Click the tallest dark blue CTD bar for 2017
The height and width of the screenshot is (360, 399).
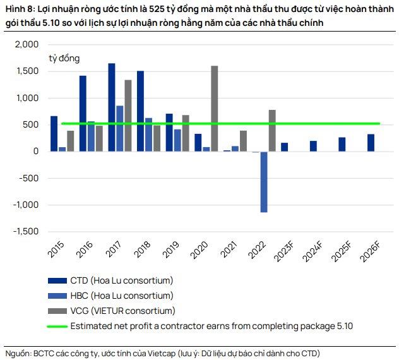[x=112, y=107]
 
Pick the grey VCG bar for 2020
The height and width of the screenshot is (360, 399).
[x=215, y=109]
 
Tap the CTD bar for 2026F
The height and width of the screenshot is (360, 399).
[x=371, y=143]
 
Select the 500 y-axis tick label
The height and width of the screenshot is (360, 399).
[x=30, y=125]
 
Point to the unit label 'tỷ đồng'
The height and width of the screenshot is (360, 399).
[x=64, y=58]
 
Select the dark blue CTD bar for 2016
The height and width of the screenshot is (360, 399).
[x=83, y=114]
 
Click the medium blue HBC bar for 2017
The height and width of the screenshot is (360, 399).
[x=119, y=128]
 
